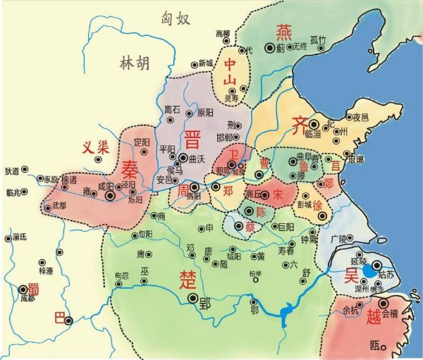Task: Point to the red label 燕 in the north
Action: (283, 31)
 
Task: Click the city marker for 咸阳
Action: (109, 197)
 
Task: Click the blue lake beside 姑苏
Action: (369, 270)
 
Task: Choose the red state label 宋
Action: (278, 192)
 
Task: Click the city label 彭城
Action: (304, 204)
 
